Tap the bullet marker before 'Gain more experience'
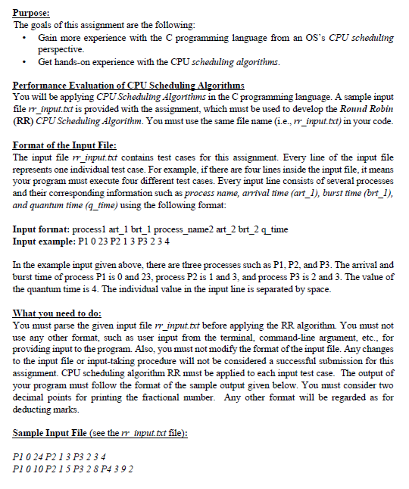(x=27, y=37)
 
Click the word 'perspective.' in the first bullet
(x=60, y=48)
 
